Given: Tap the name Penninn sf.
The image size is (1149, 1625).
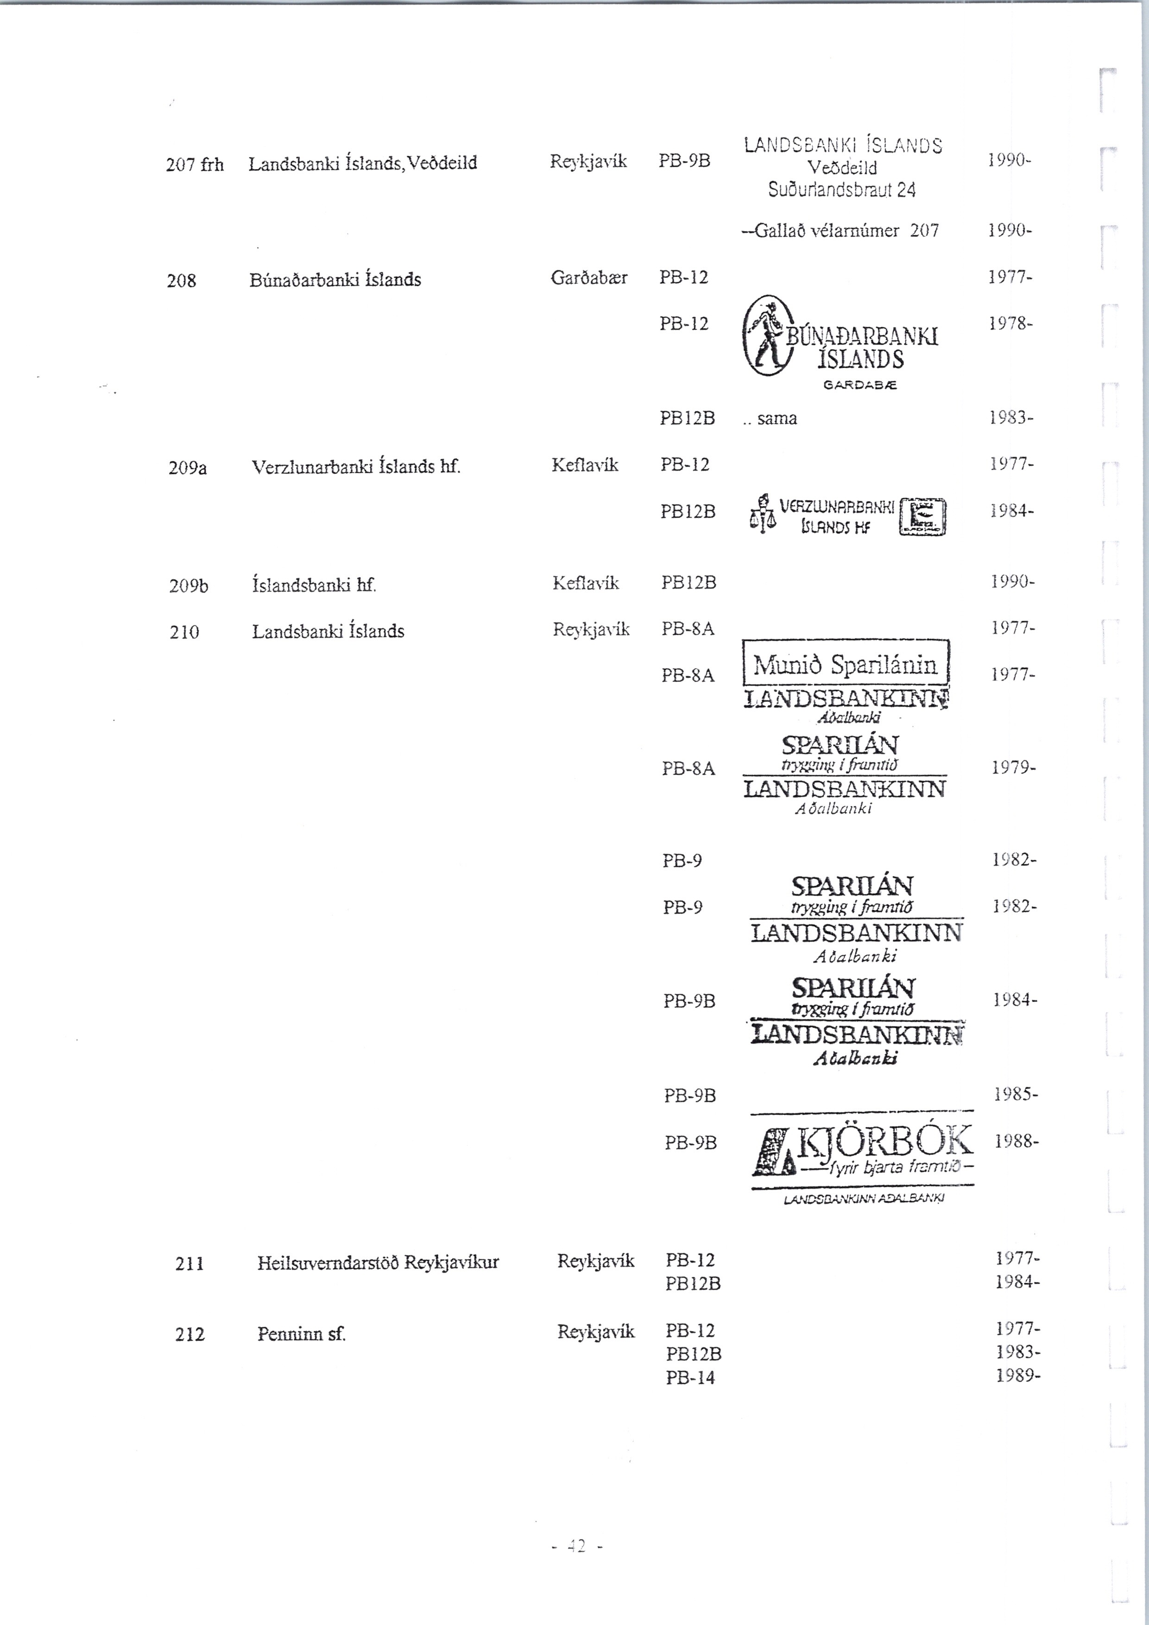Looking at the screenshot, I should tap(301, 1334).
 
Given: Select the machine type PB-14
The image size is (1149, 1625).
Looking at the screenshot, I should tap(690, 1377).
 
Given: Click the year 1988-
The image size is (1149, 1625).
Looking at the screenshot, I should tap(1016, 1141).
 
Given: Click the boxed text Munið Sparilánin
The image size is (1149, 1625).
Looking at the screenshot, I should tap(845, 665).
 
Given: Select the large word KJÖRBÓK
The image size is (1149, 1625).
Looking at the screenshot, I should tap(885, 1140).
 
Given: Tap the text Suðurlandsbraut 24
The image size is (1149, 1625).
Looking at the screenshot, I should tap(842, 189).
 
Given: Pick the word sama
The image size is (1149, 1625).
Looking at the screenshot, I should tap(777, 418).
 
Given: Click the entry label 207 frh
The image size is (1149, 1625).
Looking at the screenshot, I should tap(195, 165).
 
